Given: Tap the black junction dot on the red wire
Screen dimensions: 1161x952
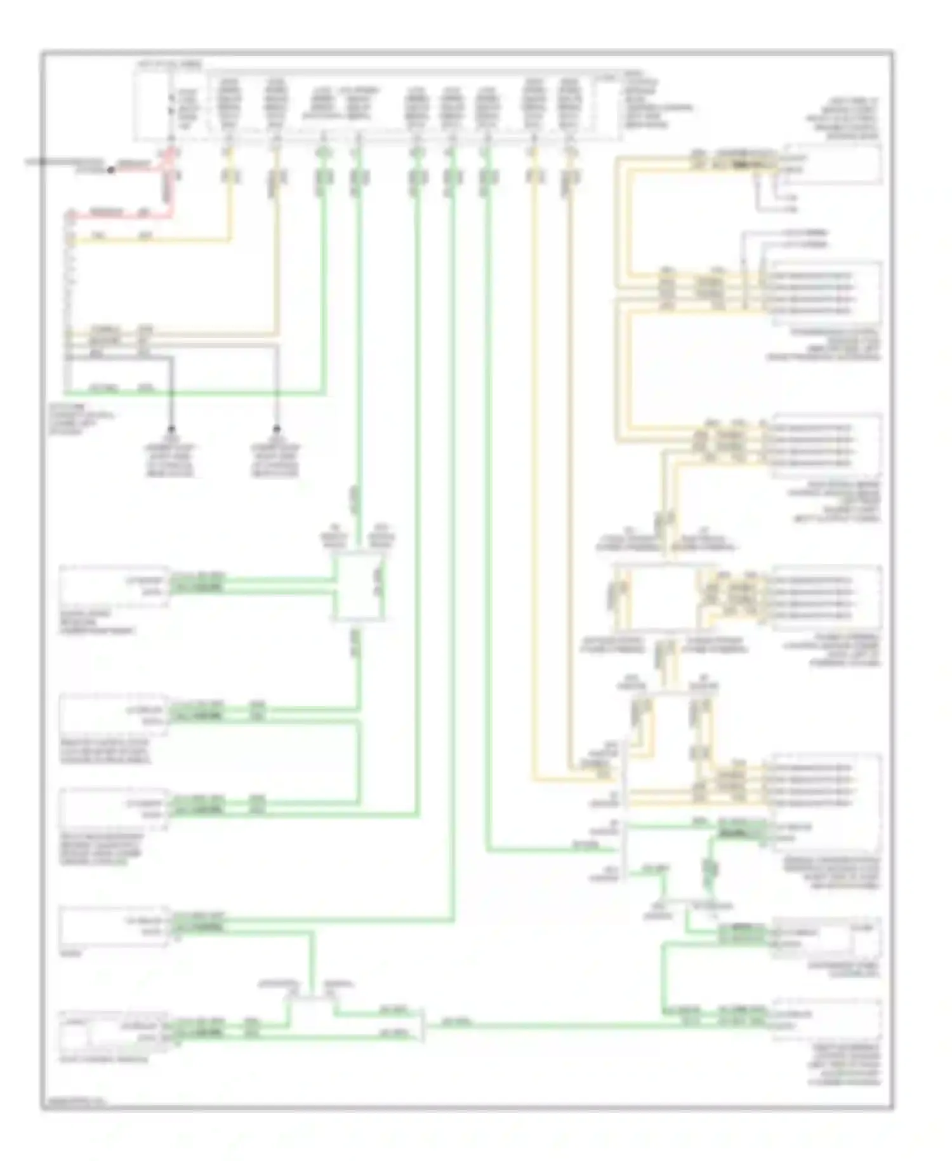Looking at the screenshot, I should (x=110, y=170).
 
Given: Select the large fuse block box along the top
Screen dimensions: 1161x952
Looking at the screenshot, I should (x=374, y=105).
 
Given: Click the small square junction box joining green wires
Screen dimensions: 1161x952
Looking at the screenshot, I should (x=359, y=587).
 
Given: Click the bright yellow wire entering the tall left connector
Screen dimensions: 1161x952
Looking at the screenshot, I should (x=152, y=241).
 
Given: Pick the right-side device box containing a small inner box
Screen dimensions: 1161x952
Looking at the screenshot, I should (x=825, y=938).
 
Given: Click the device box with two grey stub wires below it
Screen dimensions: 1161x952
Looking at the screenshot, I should (x=825, y=164).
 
